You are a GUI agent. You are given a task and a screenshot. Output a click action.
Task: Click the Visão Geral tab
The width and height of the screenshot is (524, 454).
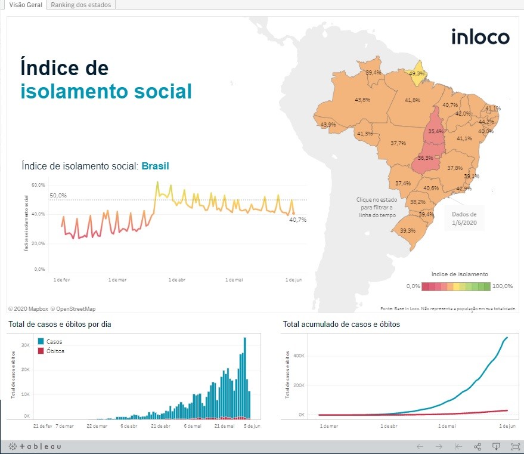(26, 5)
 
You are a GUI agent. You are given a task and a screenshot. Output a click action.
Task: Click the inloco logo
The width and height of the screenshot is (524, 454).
(480, 37)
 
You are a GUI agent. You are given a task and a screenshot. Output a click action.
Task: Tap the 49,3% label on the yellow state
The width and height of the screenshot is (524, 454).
(417, 73)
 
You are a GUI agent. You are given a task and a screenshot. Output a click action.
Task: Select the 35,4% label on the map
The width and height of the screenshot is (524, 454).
(436, 131)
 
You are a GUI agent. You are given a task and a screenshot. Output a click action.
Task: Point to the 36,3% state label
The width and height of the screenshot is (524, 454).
(425, 158)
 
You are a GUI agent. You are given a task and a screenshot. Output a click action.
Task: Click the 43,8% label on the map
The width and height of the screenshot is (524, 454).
(362, 100)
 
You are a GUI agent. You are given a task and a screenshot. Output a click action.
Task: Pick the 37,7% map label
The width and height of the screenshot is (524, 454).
(398, 143)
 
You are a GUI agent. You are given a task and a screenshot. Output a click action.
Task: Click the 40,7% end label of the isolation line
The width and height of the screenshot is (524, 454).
(297, 220)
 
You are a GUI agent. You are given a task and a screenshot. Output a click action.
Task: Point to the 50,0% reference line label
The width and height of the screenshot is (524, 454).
(58, 196)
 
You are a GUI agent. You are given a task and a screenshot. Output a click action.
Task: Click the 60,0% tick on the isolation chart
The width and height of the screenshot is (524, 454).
(38, 185)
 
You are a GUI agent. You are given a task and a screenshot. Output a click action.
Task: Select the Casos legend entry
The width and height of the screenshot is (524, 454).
(54, 342)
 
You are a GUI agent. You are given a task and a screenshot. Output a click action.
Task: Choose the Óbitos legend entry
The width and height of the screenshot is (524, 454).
(55, 351)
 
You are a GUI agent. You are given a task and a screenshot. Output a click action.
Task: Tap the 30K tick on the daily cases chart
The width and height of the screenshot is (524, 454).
(26, 345)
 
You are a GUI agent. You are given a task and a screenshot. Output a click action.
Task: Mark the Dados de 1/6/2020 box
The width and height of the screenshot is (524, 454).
(464, 219)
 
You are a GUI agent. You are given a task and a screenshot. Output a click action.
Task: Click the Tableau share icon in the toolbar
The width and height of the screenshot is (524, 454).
(478, 446)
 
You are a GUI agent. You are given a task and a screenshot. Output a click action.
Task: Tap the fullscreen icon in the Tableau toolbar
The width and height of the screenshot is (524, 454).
(516, 446)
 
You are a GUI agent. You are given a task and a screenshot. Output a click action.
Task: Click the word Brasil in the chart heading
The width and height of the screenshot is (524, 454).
(155, 166)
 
